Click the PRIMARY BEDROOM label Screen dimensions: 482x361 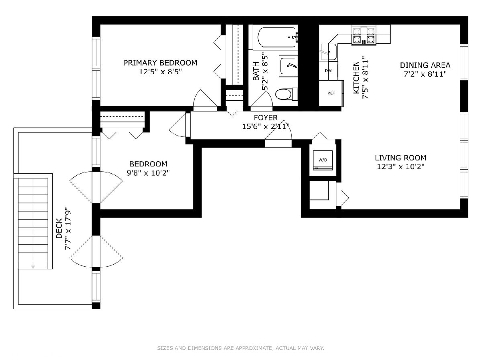tap(160, 63)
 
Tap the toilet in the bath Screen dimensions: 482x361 tap(286, 94)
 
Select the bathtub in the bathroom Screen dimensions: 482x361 tap(277, 37)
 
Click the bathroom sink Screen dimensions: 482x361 tap(288, 66)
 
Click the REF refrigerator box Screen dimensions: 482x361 tap(331, 93)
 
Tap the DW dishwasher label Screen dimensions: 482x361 tap(328, 71)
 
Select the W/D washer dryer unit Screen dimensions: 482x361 tap(323, 160)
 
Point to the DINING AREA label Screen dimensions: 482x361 tap(425, 65)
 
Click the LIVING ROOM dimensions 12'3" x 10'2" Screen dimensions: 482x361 tap(400, 167)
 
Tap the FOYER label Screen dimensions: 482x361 tap(266, 118)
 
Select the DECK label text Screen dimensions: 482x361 tap(59, 229)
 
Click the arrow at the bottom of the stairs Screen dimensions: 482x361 tap(33, 267)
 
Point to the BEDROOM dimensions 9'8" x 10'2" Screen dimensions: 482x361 tap(148, 173)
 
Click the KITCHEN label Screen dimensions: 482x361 tap(356, 77)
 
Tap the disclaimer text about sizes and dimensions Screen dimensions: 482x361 tap(241, 348)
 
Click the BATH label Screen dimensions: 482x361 tap(256, 71)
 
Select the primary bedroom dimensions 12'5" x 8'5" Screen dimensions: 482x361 tap(161, 72)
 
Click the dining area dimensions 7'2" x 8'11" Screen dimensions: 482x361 tap(425, 74)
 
